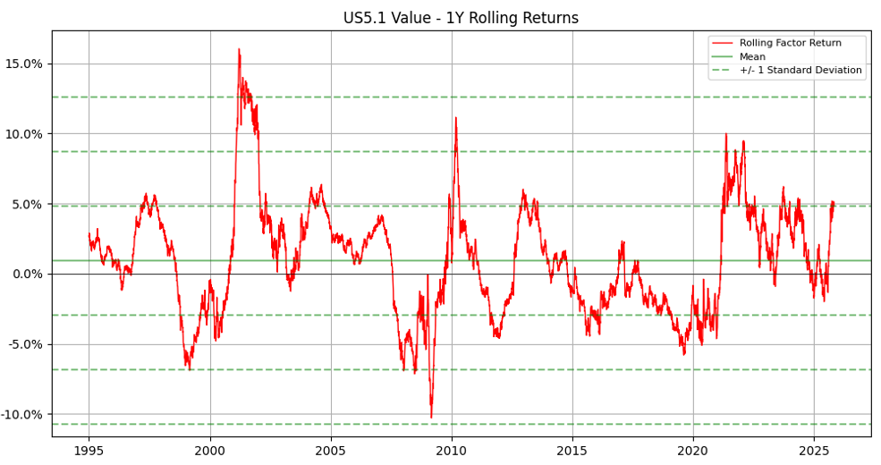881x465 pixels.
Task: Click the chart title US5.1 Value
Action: coord(461,18)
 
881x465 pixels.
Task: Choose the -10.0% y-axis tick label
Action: coord(24,415)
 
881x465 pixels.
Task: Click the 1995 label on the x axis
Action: coord(89,451)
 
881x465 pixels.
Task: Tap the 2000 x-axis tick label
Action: coord(210,451)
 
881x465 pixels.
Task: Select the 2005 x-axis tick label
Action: coord(331,451)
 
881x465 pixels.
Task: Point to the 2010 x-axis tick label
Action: coord(452,451)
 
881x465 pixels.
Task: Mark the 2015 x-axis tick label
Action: coord(572,451)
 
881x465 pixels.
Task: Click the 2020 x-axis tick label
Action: coord(693,451)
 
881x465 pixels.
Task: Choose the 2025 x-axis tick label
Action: coord(814,451)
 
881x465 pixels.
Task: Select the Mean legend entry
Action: coord(752,56)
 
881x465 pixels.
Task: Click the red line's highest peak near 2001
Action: coord(239,49)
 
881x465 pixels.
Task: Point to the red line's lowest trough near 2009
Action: coord(431,418)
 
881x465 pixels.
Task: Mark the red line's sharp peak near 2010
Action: coord(455,117)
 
